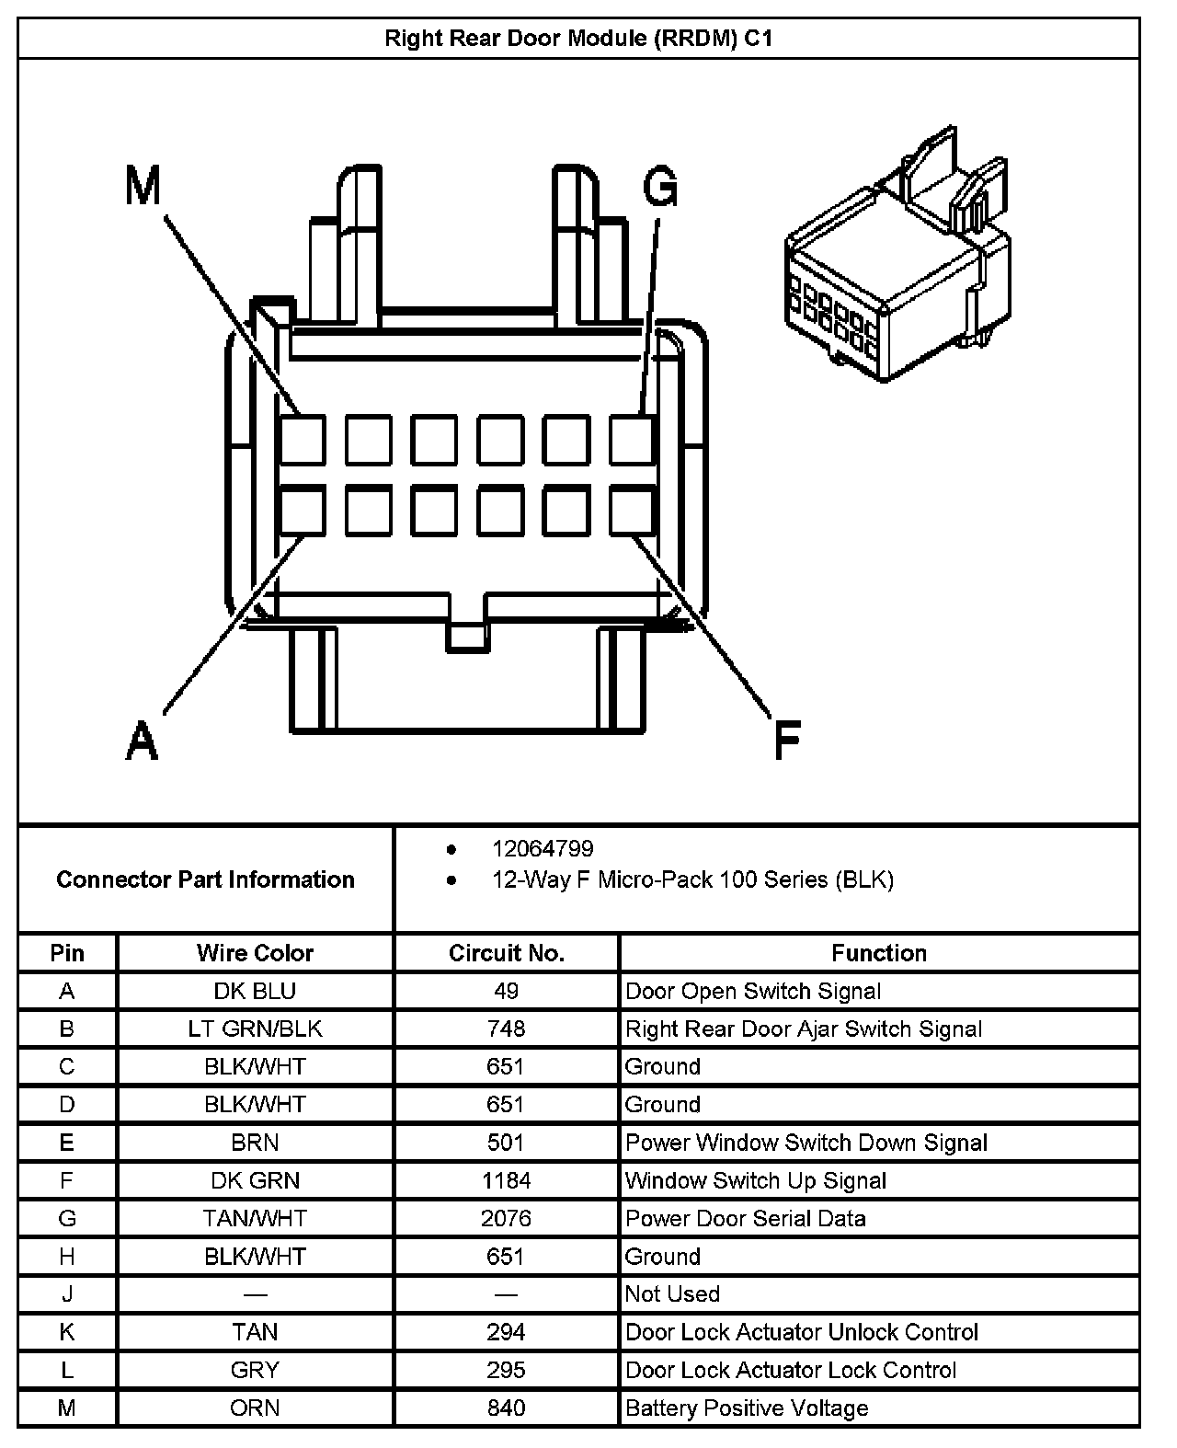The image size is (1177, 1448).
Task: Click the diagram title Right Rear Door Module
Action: click(x=578, y=39)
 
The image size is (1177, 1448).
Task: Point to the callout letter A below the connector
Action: click(x=142, y=741)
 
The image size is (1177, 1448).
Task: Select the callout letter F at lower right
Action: click(x=787, y=741)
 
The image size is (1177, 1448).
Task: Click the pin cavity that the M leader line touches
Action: click(x=303, y=440)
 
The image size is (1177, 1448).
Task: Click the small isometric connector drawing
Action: click(x=897, y=267)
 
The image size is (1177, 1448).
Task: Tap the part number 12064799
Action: click(x=543, y=848)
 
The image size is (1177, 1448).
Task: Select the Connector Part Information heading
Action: click(x=205, y=879)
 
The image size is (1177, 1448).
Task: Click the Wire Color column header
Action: click(x=255, y=953)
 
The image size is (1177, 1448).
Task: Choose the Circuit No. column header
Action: click(x=506, y=953)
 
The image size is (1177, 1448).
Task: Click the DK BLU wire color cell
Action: click(x=255, y=991)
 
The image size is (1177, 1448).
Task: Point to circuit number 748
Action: click(x=506, y=1029)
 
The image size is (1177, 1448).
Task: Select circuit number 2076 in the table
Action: click(x=506, y=1218)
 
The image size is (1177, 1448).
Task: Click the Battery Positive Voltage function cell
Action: click(x=747, y=1408)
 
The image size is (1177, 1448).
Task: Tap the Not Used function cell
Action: click(x=672, y=1293)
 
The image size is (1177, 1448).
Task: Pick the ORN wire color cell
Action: click(x=255, y=1408)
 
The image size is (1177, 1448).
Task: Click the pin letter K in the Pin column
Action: click(x=66, y=1332)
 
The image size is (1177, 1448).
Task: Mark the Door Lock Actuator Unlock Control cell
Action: click(x=802, y=1332)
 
